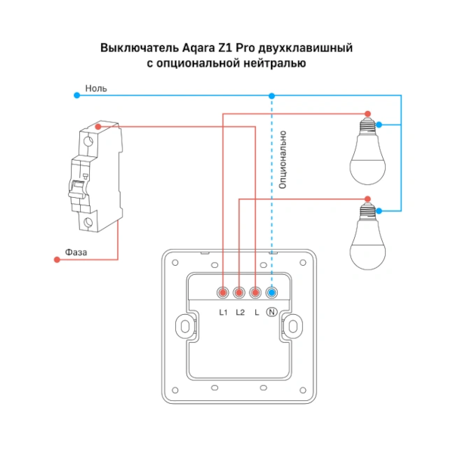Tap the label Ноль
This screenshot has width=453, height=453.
point(96,88)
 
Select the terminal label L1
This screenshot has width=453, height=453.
point(223,312)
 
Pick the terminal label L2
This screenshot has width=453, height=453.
point(240,312)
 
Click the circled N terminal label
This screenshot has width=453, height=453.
point(272,312)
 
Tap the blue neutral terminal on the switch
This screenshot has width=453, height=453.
point(272,292)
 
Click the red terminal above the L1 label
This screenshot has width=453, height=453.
point(223,292)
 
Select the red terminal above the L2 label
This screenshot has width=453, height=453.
point(239,292)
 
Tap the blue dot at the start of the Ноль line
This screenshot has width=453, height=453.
point(76,95)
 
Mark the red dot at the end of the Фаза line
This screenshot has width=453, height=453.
point(57,260)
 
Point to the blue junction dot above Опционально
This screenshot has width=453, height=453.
point(272,95)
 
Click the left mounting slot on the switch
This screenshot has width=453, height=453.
point(182,326)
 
